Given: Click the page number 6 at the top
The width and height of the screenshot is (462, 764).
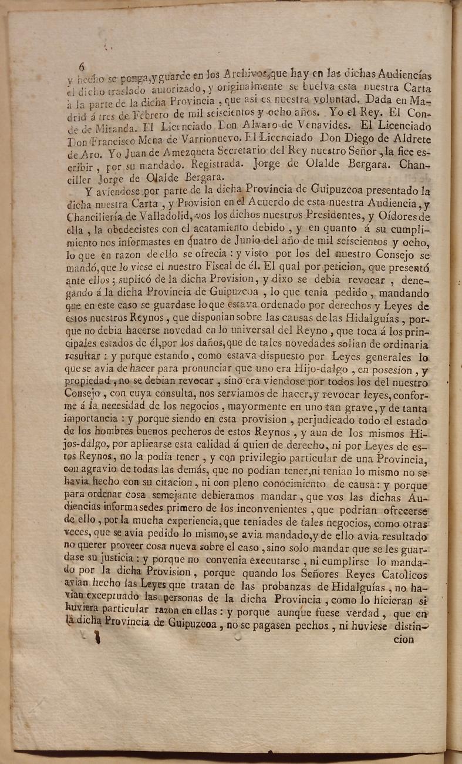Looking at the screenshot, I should click(x=82, y=66).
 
